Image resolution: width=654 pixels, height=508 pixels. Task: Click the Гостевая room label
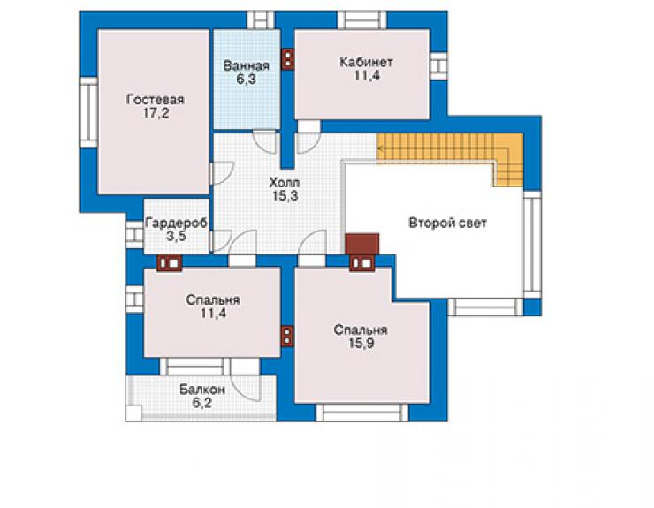pos(156,100)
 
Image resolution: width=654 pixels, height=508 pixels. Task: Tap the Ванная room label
pos(246,66)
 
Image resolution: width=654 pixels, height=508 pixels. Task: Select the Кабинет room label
pos(366,62)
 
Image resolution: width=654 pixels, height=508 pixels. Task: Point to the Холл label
pos(285,183)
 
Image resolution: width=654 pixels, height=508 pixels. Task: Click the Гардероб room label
pos(176,223)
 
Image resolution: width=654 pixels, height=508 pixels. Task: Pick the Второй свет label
pos(447,223)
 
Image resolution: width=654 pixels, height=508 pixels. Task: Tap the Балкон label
pos(202,390)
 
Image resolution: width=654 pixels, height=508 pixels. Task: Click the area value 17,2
pos(156,113)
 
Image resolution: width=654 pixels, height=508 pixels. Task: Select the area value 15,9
pos(361,344)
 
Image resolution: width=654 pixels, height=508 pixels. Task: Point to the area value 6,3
pos(246,79)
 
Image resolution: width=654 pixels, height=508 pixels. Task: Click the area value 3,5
pos(176,236)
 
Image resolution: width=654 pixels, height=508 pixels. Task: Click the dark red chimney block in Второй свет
pos(362,244)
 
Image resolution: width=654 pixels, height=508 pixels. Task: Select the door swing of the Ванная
pos(265,142)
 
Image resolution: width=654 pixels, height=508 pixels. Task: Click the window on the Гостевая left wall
pos(88,112)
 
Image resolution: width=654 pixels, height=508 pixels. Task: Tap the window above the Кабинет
pos(361,20)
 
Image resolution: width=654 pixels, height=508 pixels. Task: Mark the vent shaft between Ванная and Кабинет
pos(288,58)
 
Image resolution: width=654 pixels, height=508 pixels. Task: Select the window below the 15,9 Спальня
pos(361,413)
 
